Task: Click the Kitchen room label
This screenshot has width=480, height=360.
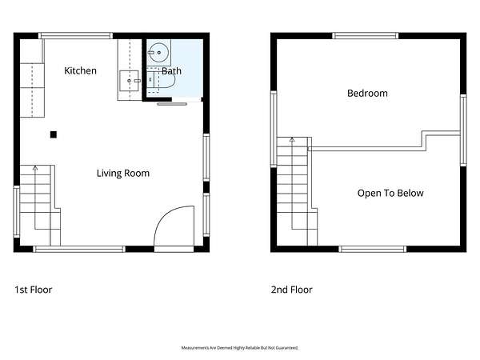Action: [x=80, y=70]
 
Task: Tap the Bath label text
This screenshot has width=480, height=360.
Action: [x=171, y=71]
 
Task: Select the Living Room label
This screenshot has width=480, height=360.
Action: [x=123, y=174]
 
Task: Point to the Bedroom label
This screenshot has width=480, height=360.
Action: [x=367, y=93]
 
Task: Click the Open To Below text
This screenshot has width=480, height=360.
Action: [x=390, y=193]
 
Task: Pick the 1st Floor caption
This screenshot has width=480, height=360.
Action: [x=34, y=290]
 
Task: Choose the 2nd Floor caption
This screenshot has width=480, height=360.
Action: [x=291, y=290]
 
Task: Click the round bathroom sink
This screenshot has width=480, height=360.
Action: [x=158, y=53]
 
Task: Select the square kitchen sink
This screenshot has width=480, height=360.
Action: [x=129, y=81]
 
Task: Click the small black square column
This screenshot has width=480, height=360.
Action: [x=54, y=134]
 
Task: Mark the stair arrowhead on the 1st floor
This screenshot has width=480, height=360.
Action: [x=35, y=168]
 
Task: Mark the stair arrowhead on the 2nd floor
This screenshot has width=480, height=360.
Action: [x=292, y=139]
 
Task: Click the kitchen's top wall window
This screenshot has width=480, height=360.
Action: [x=76, y=36]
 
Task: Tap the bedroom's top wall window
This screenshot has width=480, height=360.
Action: [x=366, y=36]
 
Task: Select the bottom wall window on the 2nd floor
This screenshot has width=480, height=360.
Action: [x=373, y=249]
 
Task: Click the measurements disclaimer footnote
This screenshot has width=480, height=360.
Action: [x=240, y=348]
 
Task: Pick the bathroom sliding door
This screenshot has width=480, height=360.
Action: [x=172, y=104]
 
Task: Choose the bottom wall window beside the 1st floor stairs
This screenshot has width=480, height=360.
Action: [x=79, y=249]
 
